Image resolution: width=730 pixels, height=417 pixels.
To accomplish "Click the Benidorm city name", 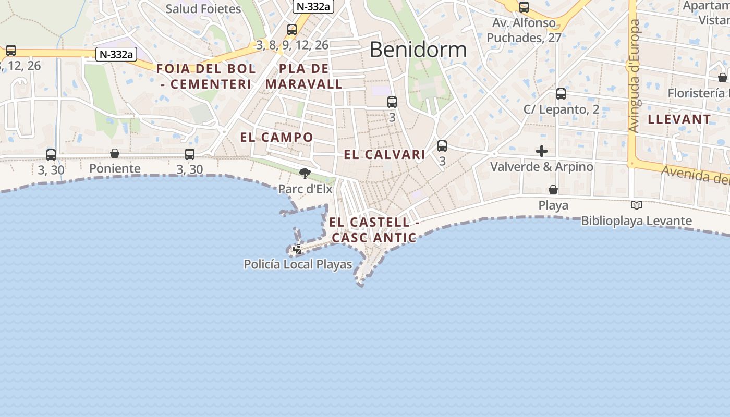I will coord(418,50).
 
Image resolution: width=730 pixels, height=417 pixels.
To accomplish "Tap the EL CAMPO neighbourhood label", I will coord(276,138).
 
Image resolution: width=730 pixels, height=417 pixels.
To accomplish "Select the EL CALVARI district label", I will coord(385,155).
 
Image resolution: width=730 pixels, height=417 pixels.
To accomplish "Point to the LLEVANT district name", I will coord(679,119).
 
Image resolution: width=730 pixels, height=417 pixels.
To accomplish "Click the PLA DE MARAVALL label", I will coord(304,76).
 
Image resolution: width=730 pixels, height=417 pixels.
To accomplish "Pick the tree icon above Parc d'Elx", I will coord(305,173).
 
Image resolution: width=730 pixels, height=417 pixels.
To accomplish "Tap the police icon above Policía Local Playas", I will coord(298,249).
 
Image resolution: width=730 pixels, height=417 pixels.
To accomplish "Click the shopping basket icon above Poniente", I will coord(115,153).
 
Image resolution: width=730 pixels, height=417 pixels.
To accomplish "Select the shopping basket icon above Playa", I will coord(553,190).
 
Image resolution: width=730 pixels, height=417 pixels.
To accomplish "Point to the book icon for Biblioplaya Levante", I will coord(636,205).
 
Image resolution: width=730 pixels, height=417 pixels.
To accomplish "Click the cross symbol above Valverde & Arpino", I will coord(542,151).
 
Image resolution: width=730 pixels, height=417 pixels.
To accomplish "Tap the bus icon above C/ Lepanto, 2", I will coord(561,94).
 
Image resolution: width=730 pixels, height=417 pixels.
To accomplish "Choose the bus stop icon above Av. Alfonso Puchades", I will coord(524,7).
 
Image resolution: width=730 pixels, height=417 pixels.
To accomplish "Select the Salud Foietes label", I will coord(203,9).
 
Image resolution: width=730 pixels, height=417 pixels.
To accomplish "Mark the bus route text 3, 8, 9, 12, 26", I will coord(293,45).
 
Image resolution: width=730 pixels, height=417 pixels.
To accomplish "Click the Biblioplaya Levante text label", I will coord(637,221).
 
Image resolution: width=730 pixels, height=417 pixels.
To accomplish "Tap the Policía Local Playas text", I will coord(298,265).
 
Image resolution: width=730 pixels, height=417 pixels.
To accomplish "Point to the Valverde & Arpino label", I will coord(542,167).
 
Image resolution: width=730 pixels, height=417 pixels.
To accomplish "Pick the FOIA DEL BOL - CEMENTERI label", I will coord(206,76).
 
